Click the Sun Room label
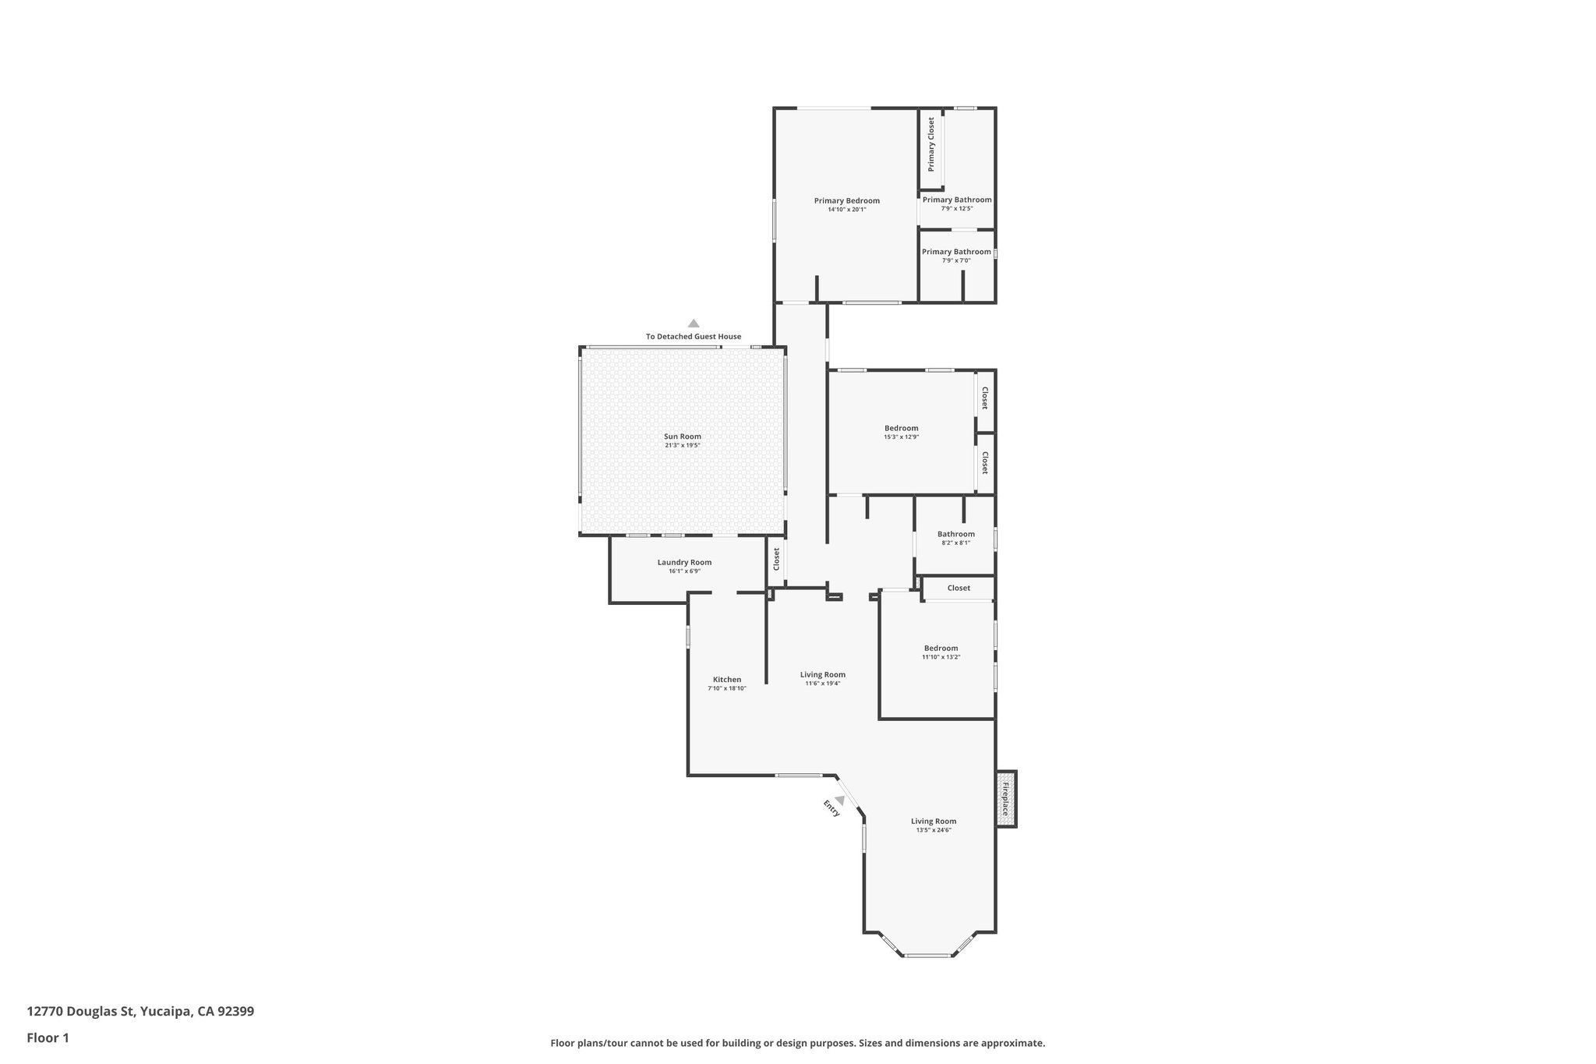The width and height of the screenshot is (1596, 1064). [x=682, y=437]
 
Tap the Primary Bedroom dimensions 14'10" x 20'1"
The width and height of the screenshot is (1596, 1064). [x=846, y=210]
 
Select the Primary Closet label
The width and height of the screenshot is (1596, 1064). [x=930, y=144]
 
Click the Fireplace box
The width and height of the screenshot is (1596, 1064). [x=1005, y=799]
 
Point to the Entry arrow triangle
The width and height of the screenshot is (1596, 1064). [x=840, y=800]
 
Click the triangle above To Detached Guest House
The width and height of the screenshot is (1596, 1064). [x=693, y=323]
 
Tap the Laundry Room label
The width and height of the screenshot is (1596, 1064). [x=684, y=562]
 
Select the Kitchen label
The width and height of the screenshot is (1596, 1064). [x=726, y=679]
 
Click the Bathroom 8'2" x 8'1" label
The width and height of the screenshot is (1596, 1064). [x=955, y=534]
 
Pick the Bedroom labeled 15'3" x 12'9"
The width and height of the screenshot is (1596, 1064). [x=901, y=428]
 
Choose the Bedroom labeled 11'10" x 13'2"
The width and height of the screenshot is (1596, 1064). [x=941, y=648]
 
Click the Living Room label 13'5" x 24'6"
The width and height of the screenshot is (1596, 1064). [x=934, y=821]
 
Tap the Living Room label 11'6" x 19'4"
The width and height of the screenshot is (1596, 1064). [x=822, y=674]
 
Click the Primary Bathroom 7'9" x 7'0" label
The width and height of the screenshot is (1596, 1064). [x=956, y=252]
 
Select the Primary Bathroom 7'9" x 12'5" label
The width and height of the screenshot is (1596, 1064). [x=957, y=200]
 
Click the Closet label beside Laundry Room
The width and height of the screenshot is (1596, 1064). [x=776, y=559]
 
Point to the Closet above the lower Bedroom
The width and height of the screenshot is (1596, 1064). [x=959, y=588]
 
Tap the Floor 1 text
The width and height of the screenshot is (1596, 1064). [x=48, y=1037]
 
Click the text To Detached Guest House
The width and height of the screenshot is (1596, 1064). [x=693, y=337]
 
